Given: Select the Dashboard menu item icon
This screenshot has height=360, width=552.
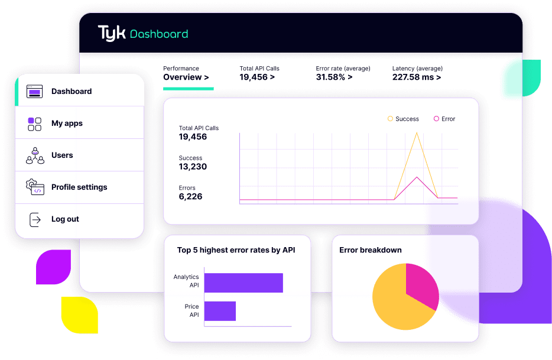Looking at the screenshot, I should tap(35, 92).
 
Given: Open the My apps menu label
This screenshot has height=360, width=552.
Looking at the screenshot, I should tap(67, 124).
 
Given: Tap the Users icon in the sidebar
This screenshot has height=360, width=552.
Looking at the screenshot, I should tap(35, 155).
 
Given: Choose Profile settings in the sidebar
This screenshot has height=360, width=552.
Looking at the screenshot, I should tap(79, 187).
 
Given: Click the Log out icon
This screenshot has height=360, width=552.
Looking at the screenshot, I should tap(35, 219).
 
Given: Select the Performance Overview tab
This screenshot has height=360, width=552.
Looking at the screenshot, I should tap(186, 77).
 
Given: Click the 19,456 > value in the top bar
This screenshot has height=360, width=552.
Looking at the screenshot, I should tap(257, 77).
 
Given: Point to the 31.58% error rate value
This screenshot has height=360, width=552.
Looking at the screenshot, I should tap(334, 77).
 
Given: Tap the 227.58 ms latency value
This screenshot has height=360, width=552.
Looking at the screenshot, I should tap(416, 77).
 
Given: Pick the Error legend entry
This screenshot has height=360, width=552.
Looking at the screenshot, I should tap(444, 119).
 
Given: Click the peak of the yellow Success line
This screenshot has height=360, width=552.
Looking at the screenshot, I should tap(417, 133).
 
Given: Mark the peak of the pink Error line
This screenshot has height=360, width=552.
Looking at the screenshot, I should tap(417, 177).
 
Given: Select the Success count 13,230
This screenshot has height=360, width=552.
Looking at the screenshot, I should tap(193, 167).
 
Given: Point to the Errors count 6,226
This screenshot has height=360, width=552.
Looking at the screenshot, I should tap(190, 196).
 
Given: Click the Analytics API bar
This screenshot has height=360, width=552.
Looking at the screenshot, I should tap(243, 283).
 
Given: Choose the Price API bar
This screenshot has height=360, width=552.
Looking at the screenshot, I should tap(220, 311).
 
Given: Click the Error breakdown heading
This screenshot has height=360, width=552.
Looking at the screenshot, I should tap(370, 250).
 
